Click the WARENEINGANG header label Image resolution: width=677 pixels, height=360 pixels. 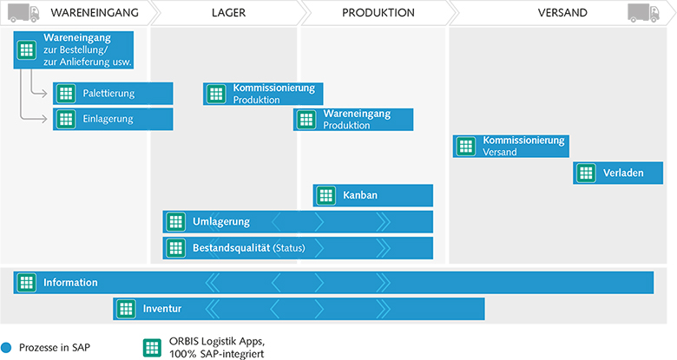(x=95, y=12)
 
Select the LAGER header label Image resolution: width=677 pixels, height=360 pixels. (x=228, y=12)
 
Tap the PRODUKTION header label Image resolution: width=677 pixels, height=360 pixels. (x=378, y=12)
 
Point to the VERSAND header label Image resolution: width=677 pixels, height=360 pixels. (x=562, y=12)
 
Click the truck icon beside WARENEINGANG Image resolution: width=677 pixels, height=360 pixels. (x=23, y=13)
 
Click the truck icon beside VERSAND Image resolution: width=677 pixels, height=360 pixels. (x=644, y=13)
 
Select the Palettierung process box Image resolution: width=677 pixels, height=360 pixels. (x=113, y=93)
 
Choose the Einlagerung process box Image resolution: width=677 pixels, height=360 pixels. (x=113, y=119)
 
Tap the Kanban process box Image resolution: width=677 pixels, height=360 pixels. (x=373, y=195)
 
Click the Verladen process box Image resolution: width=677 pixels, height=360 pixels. (x=618, y=173)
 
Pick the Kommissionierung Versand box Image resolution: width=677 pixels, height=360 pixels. (x=510, y=146)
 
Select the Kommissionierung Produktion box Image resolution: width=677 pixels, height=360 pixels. (x=263, y=94)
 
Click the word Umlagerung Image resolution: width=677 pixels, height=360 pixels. (x=221, y=222)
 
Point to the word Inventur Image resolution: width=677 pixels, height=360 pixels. (x=162, y=309)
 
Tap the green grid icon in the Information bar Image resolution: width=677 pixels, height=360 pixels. (x=26, y=283)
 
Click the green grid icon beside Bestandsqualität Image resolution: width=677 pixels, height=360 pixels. (x=175, y=248)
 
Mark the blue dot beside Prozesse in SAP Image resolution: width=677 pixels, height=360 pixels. (x=6, y=348)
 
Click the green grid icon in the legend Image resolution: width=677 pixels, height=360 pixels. (x=152, y=348)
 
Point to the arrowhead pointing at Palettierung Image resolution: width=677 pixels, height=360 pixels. (x=44, y=93)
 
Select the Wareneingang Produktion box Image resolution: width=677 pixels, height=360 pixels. (x=353, y=120)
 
